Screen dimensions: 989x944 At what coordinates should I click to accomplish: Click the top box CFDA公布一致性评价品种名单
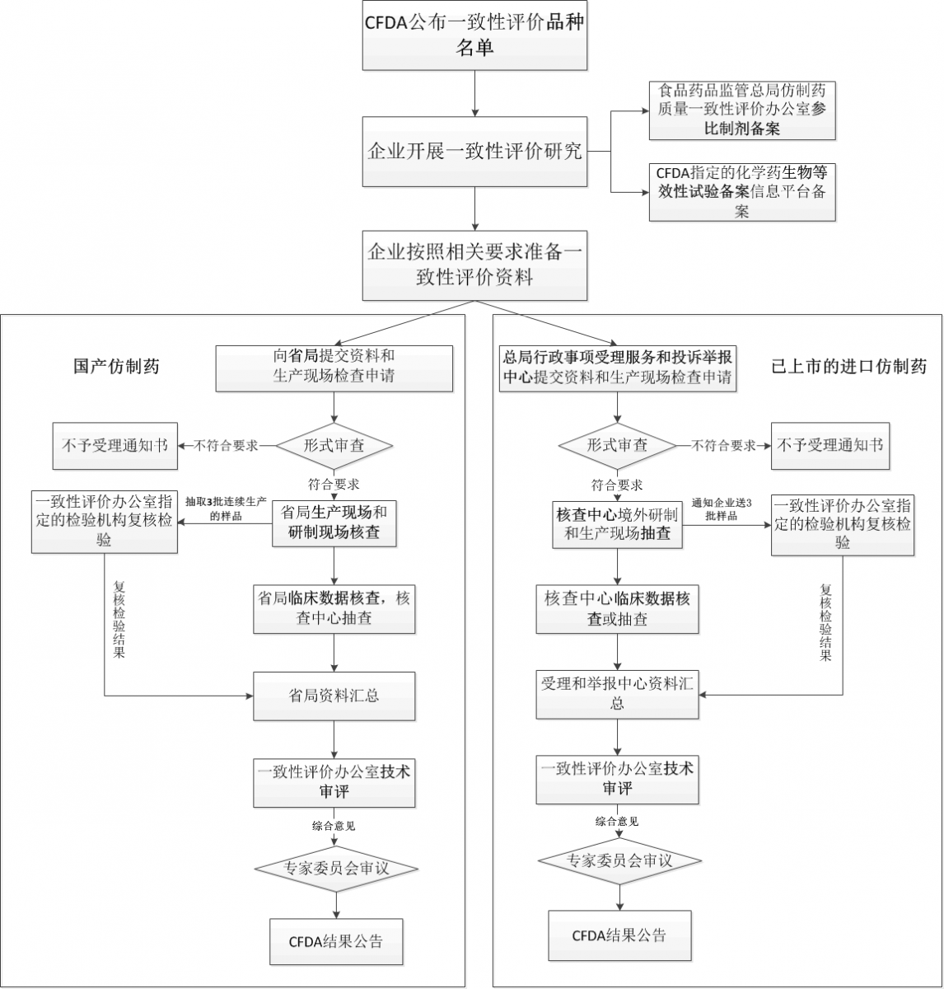474,35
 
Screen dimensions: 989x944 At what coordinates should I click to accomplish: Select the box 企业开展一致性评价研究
474,152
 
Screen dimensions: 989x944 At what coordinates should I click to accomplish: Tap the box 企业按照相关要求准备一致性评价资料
474,265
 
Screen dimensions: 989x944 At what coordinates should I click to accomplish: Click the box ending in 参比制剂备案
741,110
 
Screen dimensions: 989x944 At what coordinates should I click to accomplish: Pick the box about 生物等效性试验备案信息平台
741,192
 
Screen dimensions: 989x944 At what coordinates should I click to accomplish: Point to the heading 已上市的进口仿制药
848,366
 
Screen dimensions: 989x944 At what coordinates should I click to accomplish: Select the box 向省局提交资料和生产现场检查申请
334,368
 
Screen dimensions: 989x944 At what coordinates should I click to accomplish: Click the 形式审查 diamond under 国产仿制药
334,445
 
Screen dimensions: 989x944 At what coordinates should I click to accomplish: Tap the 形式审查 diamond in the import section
617,445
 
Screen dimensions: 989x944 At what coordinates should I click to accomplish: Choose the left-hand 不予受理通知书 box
114,446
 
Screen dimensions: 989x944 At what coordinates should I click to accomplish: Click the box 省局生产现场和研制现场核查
334,523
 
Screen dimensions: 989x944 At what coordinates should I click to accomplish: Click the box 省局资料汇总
334,696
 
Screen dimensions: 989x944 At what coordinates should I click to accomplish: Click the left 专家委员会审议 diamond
335,868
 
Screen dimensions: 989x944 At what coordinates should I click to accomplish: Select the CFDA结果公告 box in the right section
619,935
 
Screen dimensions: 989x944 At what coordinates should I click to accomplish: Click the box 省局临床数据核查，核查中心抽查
334,609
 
